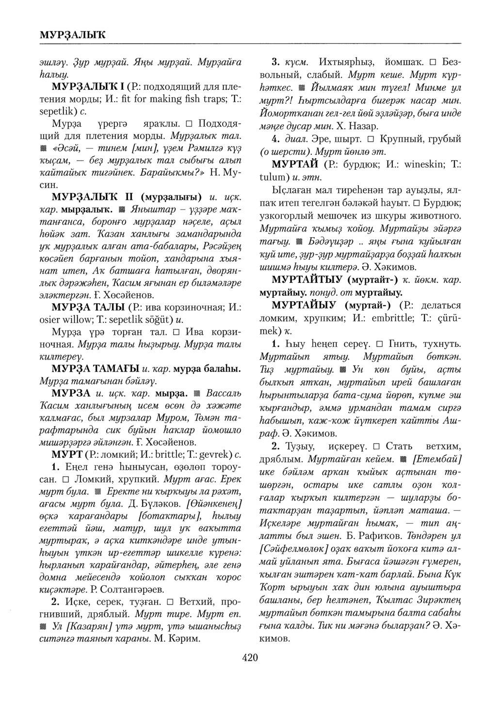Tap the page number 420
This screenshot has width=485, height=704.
(x=249, y=658)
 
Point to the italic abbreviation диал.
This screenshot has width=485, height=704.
(x=293, y=139)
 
